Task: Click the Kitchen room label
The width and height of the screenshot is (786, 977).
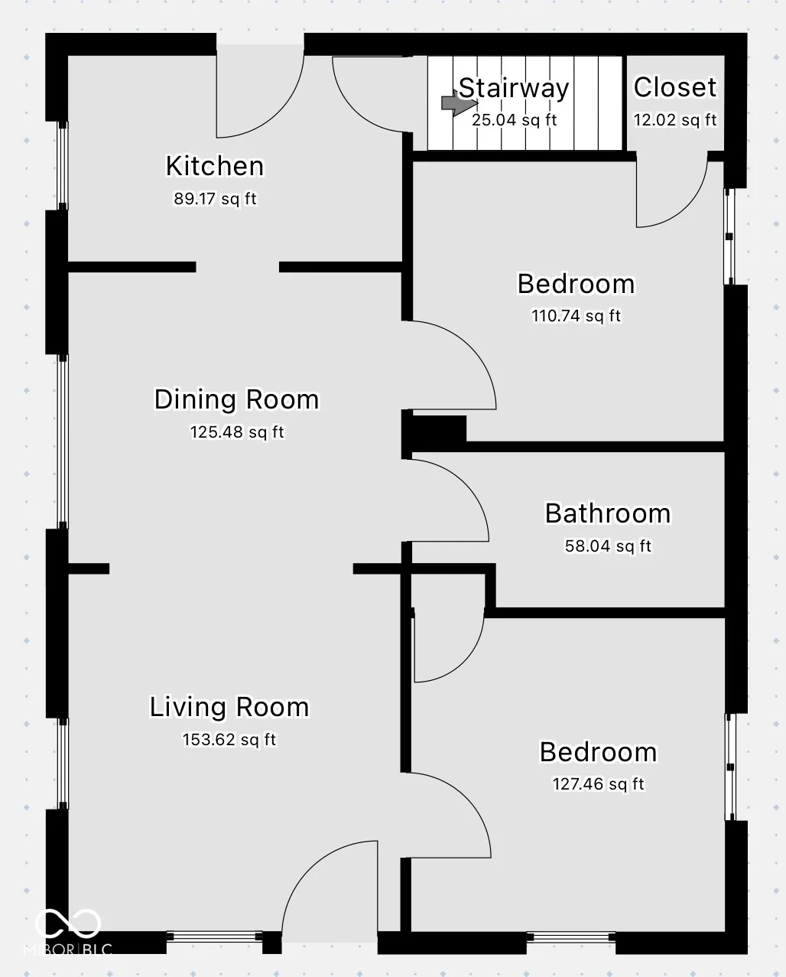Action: point(215,166)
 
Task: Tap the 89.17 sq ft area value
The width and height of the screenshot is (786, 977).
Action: point(215,199)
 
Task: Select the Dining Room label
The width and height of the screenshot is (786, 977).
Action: point(237,399)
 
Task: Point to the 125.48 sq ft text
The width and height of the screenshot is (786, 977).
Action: point(237,432)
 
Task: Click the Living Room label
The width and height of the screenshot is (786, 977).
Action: point(229,708)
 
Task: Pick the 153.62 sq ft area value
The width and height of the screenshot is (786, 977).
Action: point(229,740)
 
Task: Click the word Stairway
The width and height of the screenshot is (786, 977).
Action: point(514,89)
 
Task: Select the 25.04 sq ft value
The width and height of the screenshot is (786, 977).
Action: point(514,120)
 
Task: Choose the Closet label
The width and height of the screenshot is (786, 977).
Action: point(675,87)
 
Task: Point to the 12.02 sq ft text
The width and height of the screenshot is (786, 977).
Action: point(675,120)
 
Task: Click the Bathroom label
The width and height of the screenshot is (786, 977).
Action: point(608,513)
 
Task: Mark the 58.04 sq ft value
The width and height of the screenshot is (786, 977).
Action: point(608,546)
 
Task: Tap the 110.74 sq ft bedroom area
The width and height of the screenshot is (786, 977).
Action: point(576,316)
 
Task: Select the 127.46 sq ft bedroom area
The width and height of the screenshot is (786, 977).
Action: point(598,784)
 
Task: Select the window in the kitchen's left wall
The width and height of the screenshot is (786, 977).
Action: point(63,165)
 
